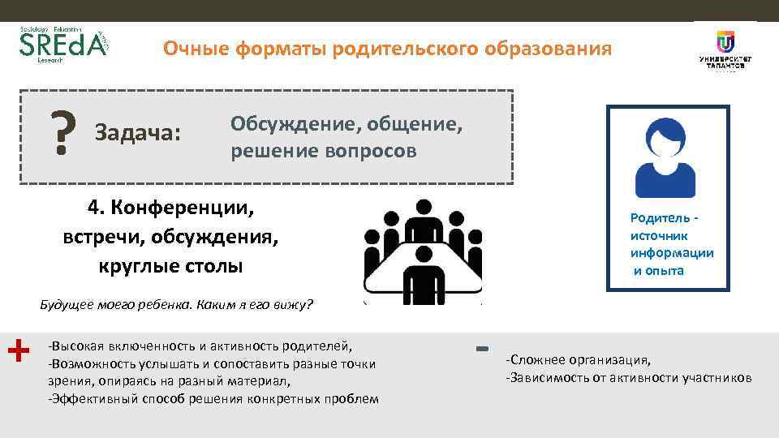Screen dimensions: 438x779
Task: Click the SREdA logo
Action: (62, 48)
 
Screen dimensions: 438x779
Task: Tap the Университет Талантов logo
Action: (724, 51)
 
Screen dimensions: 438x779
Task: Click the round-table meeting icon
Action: (423, 251)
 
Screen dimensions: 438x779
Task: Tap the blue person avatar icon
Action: (665, 155)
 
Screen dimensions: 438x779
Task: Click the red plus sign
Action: (18, 350)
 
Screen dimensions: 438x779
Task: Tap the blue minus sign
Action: (482, 349)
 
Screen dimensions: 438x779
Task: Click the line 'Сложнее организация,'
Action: (579, 361)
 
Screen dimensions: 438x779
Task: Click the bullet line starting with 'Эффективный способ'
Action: (213, 398)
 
